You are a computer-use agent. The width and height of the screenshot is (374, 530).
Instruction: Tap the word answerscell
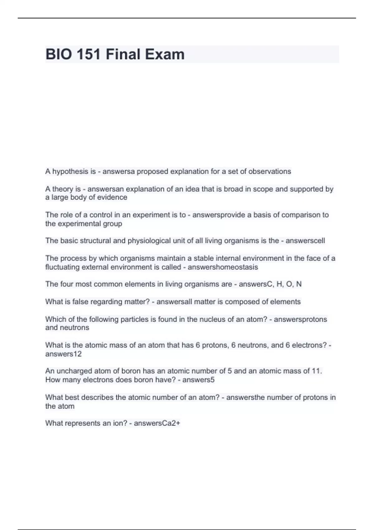(305, 241)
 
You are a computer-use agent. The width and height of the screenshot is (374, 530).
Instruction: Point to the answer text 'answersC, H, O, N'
(270, 284)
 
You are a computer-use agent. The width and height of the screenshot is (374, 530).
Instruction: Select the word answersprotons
(300, 319)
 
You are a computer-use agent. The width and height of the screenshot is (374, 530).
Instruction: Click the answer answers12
(63, 354)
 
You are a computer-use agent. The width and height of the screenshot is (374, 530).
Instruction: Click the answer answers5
(198, 380)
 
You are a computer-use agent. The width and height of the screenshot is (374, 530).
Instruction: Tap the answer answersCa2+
(157, 423)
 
